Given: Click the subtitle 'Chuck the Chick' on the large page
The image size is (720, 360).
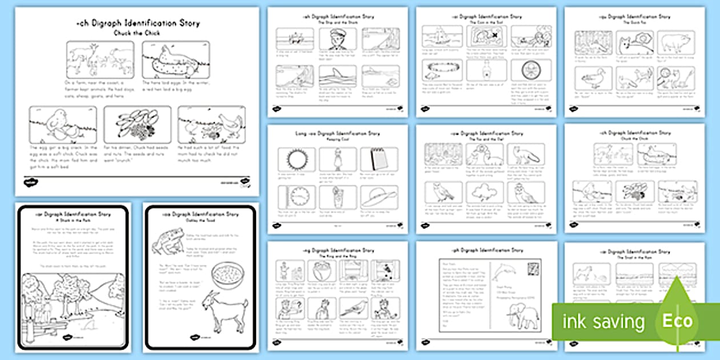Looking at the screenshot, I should (x=137, y=33).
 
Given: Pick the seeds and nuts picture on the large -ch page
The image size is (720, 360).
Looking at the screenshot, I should (x=137, y=125).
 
